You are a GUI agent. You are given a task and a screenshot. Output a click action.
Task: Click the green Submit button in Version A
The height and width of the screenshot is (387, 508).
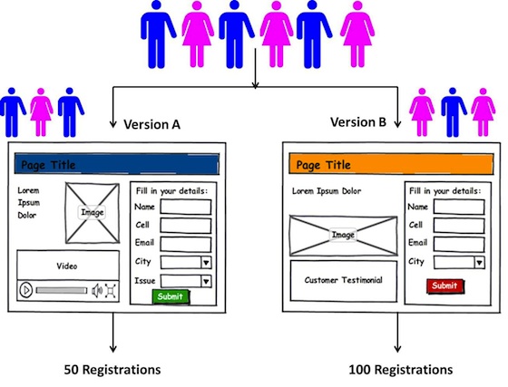pyautogui.click(x=171, y=296)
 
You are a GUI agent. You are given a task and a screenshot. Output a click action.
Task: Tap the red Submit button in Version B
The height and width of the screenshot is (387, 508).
pyautogui.click(x=444, y=285)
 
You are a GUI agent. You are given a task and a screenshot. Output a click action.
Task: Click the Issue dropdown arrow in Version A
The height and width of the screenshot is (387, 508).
pyautogui.click(x=206, y=280)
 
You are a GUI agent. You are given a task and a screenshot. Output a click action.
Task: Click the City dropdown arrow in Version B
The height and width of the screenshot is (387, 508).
pyautogui.click(x=478, y=262)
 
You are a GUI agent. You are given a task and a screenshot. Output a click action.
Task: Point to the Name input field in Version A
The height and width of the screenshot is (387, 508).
pyautogui.click(x=186, y=207)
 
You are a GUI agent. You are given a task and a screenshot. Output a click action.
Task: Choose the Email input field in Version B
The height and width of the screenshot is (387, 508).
pyautogui.click(x=458, y=243)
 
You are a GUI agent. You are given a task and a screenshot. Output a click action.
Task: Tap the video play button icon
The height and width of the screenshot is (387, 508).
pyautogui.click(x=27, y=291)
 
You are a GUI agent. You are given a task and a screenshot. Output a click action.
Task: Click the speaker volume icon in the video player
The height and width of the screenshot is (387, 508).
pyautogui.click(x=96, y=291)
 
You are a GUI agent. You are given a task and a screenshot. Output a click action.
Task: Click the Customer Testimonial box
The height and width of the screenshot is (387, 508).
pyautogui.click(x=343, y=280)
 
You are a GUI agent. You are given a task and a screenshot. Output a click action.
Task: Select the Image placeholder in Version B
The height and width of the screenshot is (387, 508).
pyautogui.click(x=342, y=235)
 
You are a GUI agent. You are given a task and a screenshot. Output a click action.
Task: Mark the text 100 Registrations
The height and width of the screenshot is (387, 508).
pyautogui.click(x=400, y=370)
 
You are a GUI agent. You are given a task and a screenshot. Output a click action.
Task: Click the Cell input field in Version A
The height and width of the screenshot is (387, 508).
pyautogui.click(x=186, y=225)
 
